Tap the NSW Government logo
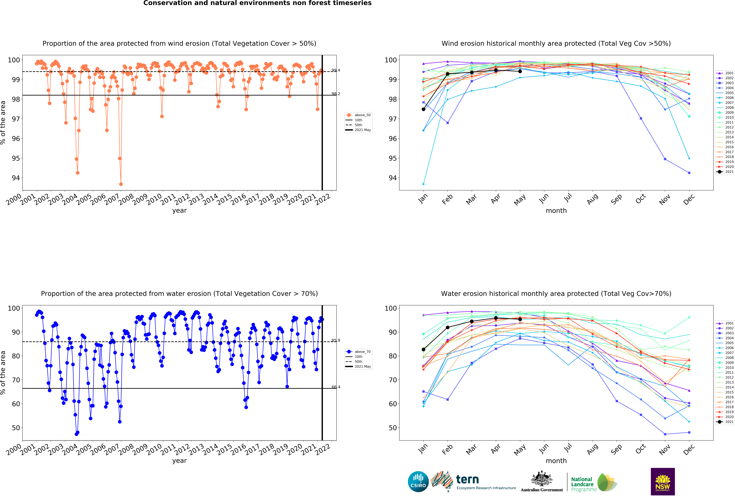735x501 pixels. click(663, 481)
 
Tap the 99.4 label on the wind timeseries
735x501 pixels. click(336, 70)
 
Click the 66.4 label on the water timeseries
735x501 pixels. click(336, 387)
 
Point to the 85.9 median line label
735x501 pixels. click(336, 340)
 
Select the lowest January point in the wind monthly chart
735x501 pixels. click(423, 184)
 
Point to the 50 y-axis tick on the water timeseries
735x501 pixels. click(16, 428)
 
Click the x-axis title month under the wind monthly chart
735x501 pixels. click(556, 211)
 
